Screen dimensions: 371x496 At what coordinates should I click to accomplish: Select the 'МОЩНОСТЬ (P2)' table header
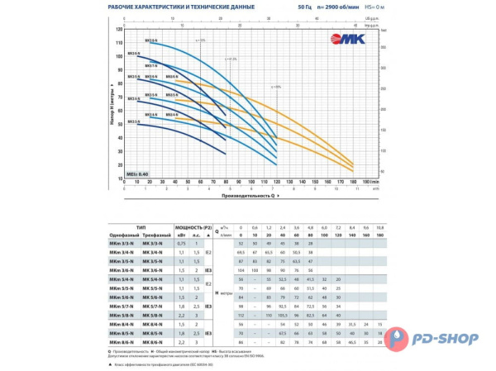(191, 226)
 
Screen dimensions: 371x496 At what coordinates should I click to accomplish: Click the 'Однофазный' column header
(124, 233)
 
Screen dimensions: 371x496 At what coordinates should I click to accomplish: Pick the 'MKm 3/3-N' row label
(124, 244)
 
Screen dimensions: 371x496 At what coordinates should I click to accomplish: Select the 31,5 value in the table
(354, 323)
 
